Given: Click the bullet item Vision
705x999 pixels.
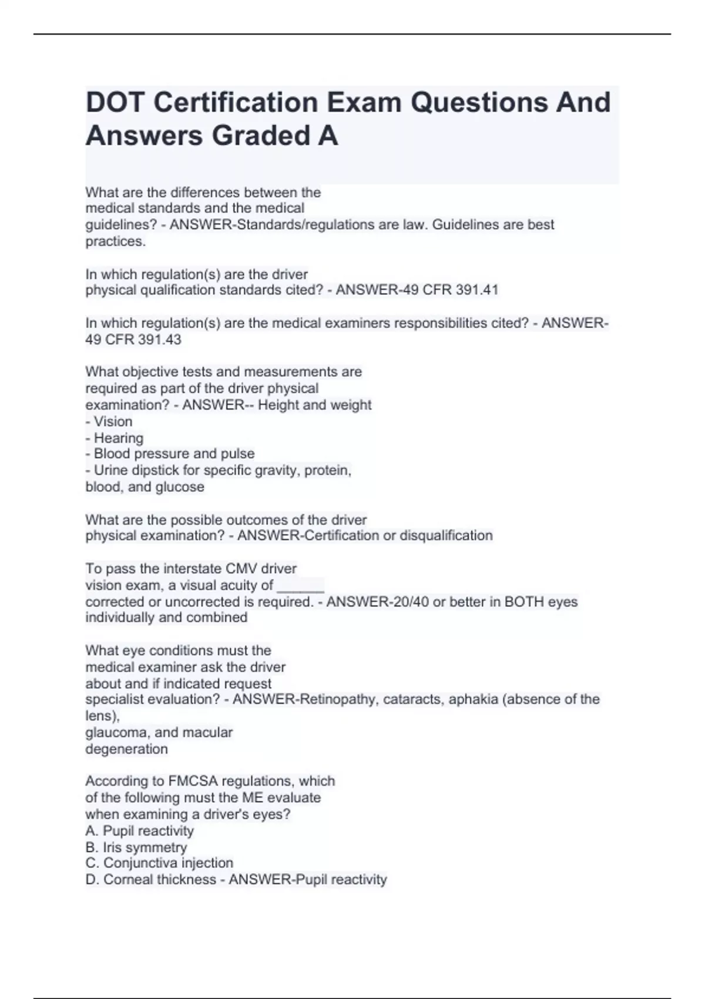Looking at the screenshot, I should point(113,421).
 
